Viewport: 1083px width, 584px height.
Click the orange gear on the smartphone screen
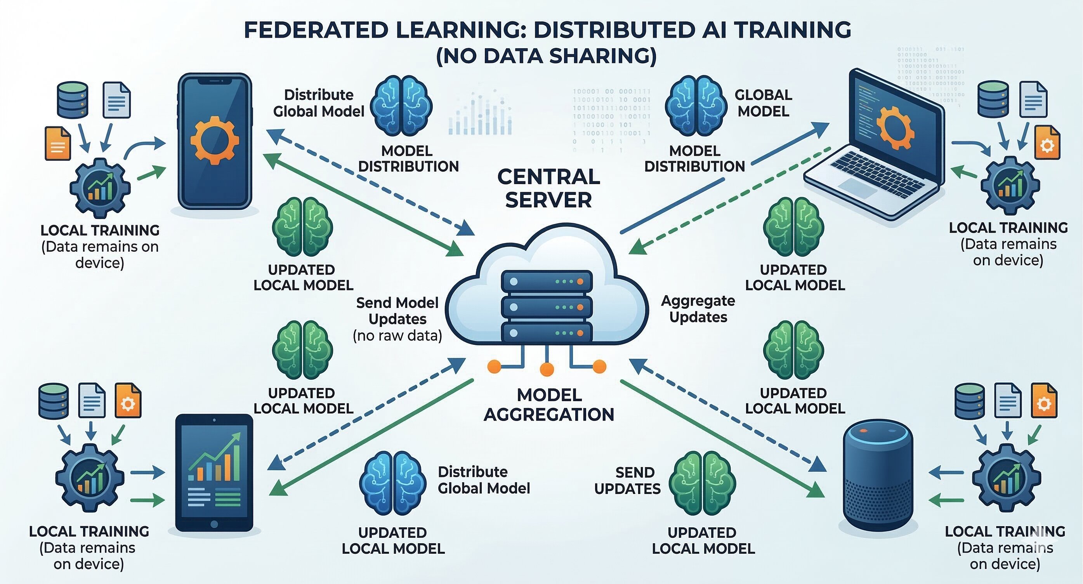point(214,140)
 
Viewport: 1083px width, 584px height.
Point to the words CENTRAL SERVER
point(548,188)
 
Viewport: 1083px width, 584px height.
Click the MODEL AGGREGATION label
point(548,405)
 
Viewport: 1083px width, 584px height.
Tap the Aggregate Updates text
point(698,309)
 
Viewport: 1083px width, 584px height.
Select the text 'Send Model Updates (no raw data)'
point(397,319)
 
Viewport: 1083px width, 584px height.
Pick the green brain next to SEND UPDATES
point(702,483)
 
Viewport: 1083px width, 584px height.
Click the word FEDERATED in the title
point(316,30)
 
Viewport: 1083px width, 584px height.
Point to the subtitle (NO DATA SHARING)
point(546,56)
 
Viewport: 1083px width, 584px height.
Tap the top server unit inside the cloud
point(547,281)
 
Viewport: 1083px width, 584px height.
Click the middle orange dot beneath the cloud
point(547,369)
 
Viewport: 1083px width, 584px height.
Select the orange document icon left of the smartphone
point(57,143)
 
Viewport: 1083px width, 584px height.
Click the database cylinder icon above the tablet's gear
point(54,401)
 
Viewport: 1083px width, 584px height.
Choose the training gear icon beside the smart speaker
point(1006,478)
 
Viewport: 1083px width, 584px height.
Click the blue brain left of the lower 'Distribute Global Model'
point(392,483)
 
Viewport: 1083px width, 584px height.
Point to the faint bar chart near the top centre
point(480,113)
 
